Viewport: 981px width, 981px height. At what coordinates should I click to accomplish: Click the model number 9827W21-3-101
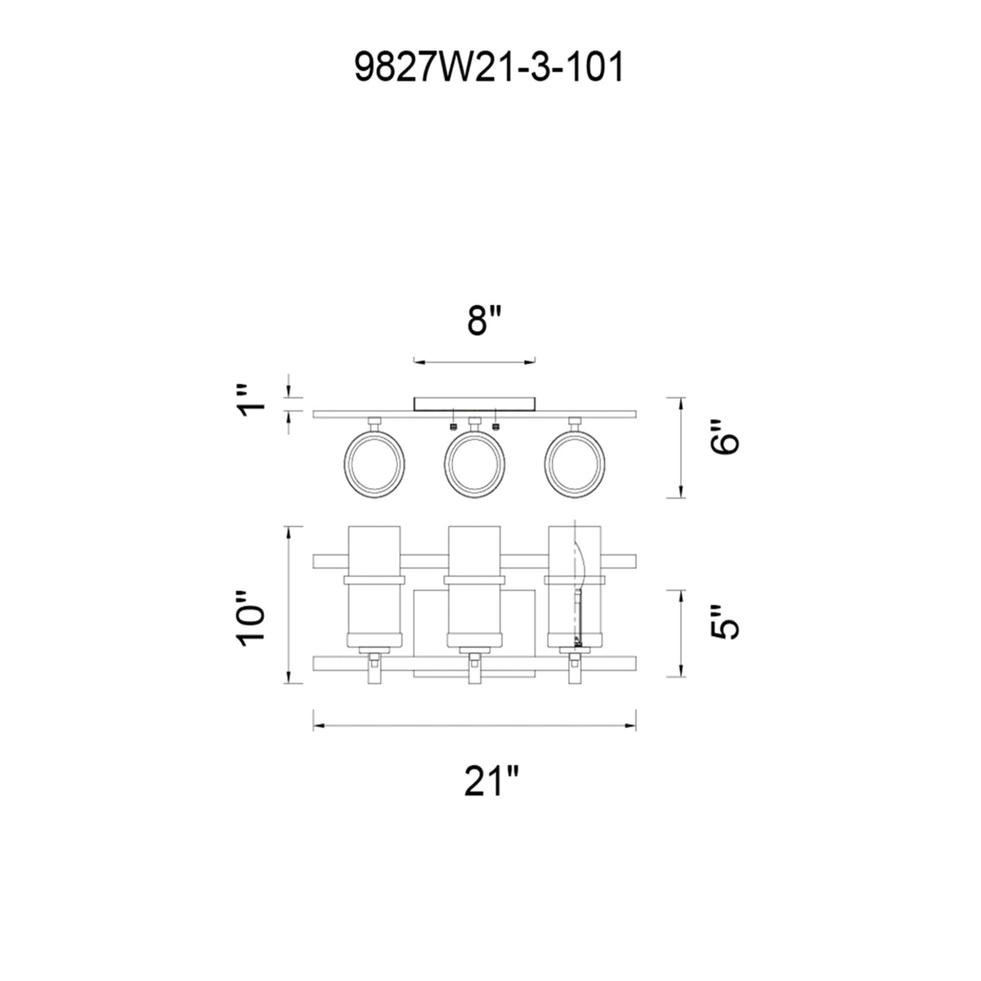click(x=489, y=68)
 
